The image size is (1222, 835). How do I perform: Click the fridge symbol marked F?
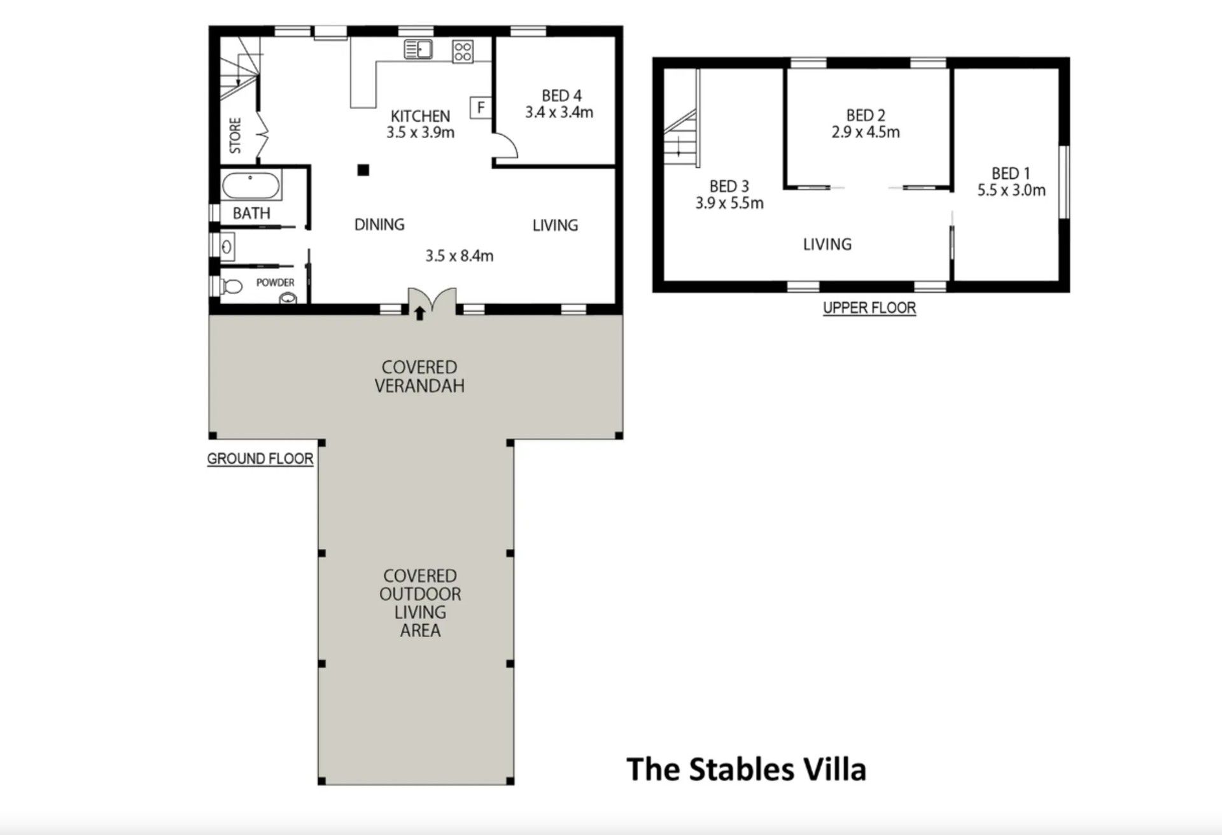coord(481,108)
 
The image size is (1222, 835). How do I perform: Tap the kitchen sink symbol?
coord(418,49)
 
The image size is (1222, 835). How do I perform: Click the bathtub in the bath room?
coord(251,186)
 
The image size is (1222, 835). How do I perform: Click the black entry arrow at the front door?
coord(419,313)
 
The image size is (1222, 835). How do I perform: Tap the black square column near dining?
coord(363,169)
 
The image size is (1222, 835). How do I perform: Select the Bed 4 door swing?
coord(506,145)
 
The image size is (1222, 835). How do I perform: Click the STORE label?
coord(235,135)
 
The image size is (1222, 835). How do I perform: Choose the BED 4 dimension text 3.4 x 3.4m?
coord(559,113)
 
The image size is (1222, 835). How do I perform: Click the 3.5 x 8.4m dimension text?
coord(459,256)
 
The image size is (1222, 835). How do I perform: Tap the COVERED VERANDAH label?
coord(419,376)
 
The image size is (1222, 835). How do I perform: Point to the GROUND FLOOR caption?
coord(260,459)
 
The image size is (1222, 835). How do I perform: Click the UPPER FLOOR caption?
coord(869,308)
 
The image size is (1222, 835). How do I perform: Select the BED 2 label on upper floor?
coord(866,115)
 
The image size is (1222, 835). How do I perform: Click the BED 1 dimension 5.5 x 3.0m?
coord(1011,190)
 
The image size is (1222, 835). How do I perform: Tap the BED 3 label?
coord(729,186)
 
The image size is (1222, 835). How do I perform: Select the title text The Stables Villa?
coord(747,769)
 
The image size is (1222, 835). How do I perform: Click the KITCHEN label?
coord(420,116)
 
